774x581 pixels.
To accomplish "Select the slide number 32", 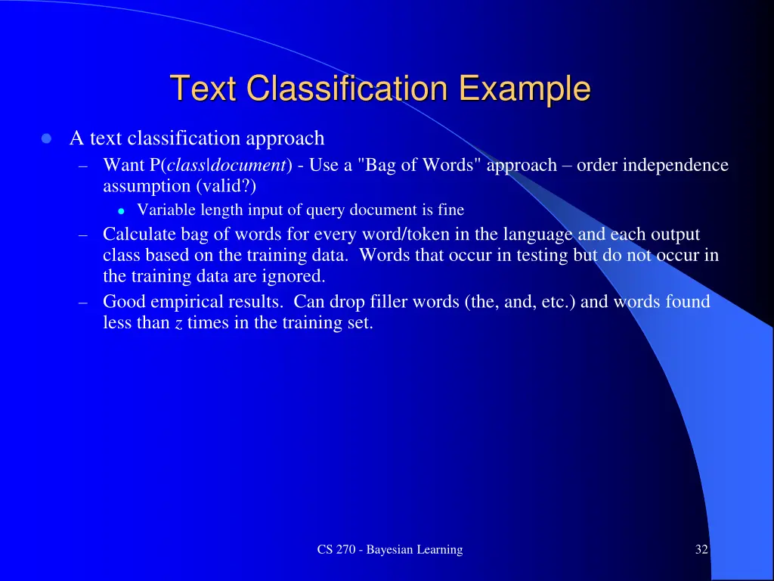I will pyautogui.click(x=701, y=550).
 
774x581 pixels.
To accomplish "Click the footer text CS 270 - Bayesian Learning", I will pyautogui.click(x=389, y=550).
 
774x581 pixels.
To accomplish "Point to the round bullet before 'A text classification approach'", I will pyautogui.click(x=46, y=139).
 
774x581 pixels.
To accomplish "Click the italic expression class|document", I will pyautogui.click(x=227, y=166).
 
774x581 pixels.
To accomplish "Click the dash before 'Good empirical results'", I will pyautogui.click(x=85, y=303).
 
